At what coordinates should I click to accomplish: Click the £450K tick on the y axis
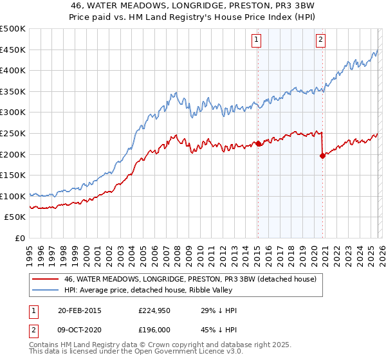click(13, 50)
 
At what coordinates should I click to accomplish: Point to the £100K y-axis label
click(13, 196)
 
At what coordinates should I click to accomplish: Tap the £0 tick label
click(20, 238)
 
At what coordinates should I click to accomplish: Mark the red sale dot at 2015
click(258, 143)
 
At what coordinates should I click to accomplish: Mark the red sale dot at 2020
click(322, 155)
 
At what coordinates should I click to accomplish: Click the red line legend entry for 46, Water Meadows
click(190, 280)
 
